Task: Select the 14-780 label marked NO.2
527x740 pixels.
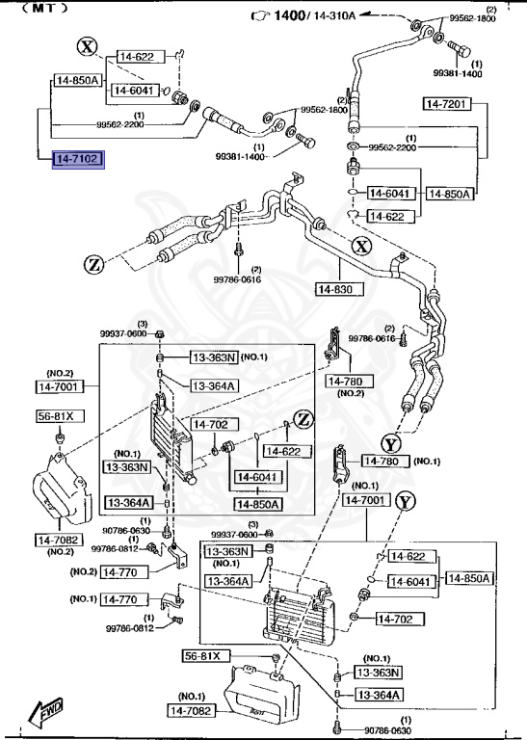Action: (344, 382)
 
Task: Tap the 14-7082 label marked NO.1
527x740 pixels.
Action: (195, 710)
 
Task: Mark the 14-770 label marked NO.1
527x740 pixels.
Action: (120, 599)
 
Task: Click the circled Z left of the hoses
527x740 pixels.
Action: (93, 263)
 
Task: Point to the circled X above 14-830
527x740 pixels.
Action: (360, 247)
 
